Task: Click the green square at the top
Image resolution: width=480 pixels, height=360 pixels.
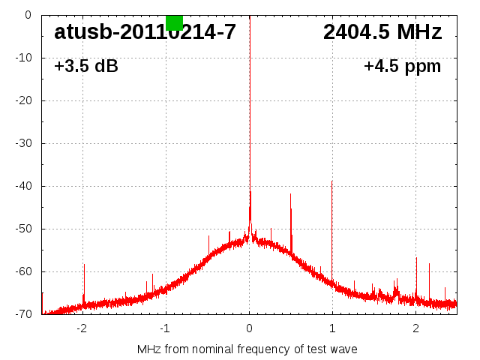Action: click(174, 22)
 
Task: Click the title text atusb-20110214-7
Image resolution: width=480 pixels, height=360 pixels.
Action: click(145, 32)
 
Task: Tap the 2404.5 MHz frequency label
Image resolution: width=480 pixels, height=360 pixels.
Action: click(382, 32)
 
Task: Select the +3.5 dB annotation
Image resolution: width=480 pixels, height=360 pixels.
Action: click(86, 66)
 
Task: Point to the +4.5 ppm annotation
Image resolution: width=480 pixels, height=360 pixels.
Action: click(402, 66)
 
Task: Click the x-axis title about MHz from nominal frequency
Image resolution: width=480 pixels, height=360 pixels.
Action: click(247, 349)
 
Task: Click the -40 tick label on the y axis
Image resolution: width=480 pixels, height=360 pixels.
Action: click(22, 186)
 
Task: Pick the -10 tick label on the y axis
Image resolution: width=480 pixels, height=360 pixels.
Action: click(22, 58)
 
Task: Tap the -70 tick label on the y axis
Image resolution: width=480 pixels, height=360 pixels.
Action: click(22, 314)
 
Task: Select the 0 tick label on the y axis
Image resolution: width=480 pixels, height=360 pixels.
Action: click(27, 15)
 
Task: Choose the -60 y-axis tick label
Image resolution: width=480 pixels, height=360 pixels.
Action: click(22, 271)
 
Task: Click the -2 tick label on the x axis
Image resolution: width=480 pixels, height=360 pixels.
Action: click(82, 327)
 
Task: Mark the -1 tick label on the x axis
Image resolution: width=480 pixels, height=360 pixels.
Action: click(165, 327)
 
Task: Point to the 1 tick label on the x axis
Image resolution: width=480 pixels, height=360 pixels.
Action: click(332, 327)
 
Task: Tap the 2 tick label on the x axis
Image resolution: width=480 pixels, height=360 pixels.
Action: click(415, 327)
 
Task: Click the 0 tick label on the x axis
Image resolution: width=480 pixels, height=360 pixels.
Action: click(249, 327)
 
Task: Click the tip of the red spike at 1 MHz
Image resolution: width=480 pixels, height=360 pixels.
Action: click(331, 181)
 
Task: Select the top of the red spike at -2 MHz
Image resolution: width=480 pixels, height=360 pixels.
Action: click(84, 264)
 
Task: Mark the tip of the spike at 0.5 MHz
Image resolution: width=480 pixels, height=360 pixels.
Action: click(291, 193)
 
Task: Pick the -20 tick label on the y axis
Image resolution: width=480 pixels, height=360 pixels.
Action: click(22, 100)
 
